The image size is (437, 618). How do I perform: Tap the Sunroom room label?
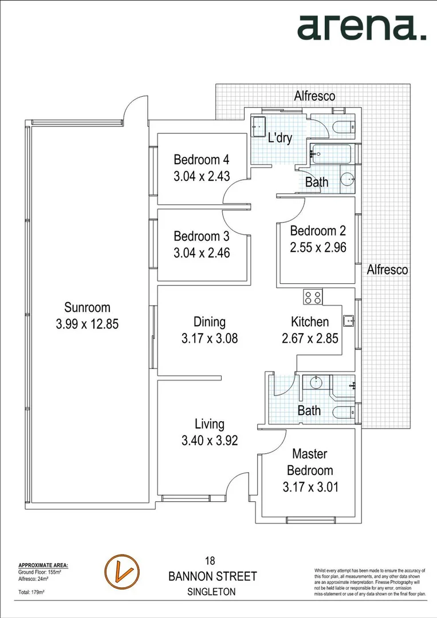[x=87, y=307]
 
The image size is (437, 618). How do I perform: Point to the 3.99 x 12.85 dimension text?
[x=87, y=324]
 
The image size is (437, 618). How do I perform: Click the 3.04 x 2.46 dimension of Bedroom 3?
[x=202, y=252]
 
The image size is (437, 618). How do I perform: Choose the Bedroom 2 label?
[x=318, y=231]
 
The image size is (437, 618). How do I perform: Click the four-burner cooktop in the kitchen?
[x=313, y=297]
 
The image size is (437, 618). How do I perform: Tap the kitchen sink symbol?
[x=347, y=320]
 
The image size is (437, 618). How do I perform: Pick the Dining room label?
[x=209, y=322]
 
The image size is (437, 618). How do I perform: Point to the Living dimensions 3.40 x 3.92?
[x=209, y=441]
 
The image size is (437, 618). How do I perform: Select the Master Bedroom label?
[x=309, y=462]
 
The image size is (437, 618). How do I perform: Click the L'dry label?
[x=281, y=138]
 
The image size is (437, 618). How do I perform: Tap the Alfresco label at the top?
[x=314, y=96]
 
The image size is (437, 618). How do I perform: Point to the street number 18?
[x=211, y=561]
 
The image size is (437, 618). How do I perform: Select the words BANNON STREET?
[x=212, y=576]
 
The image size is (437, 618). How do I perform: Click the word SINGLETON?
[x=211, y=592]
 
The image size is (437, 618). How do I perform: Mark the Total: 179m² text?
[x=32, y=592]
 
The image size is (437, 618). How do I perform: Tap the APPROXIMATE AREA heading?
[x=43, y=565]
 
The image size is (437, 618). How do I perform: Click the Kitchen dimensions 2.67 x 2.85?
[x=310, y=339]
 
